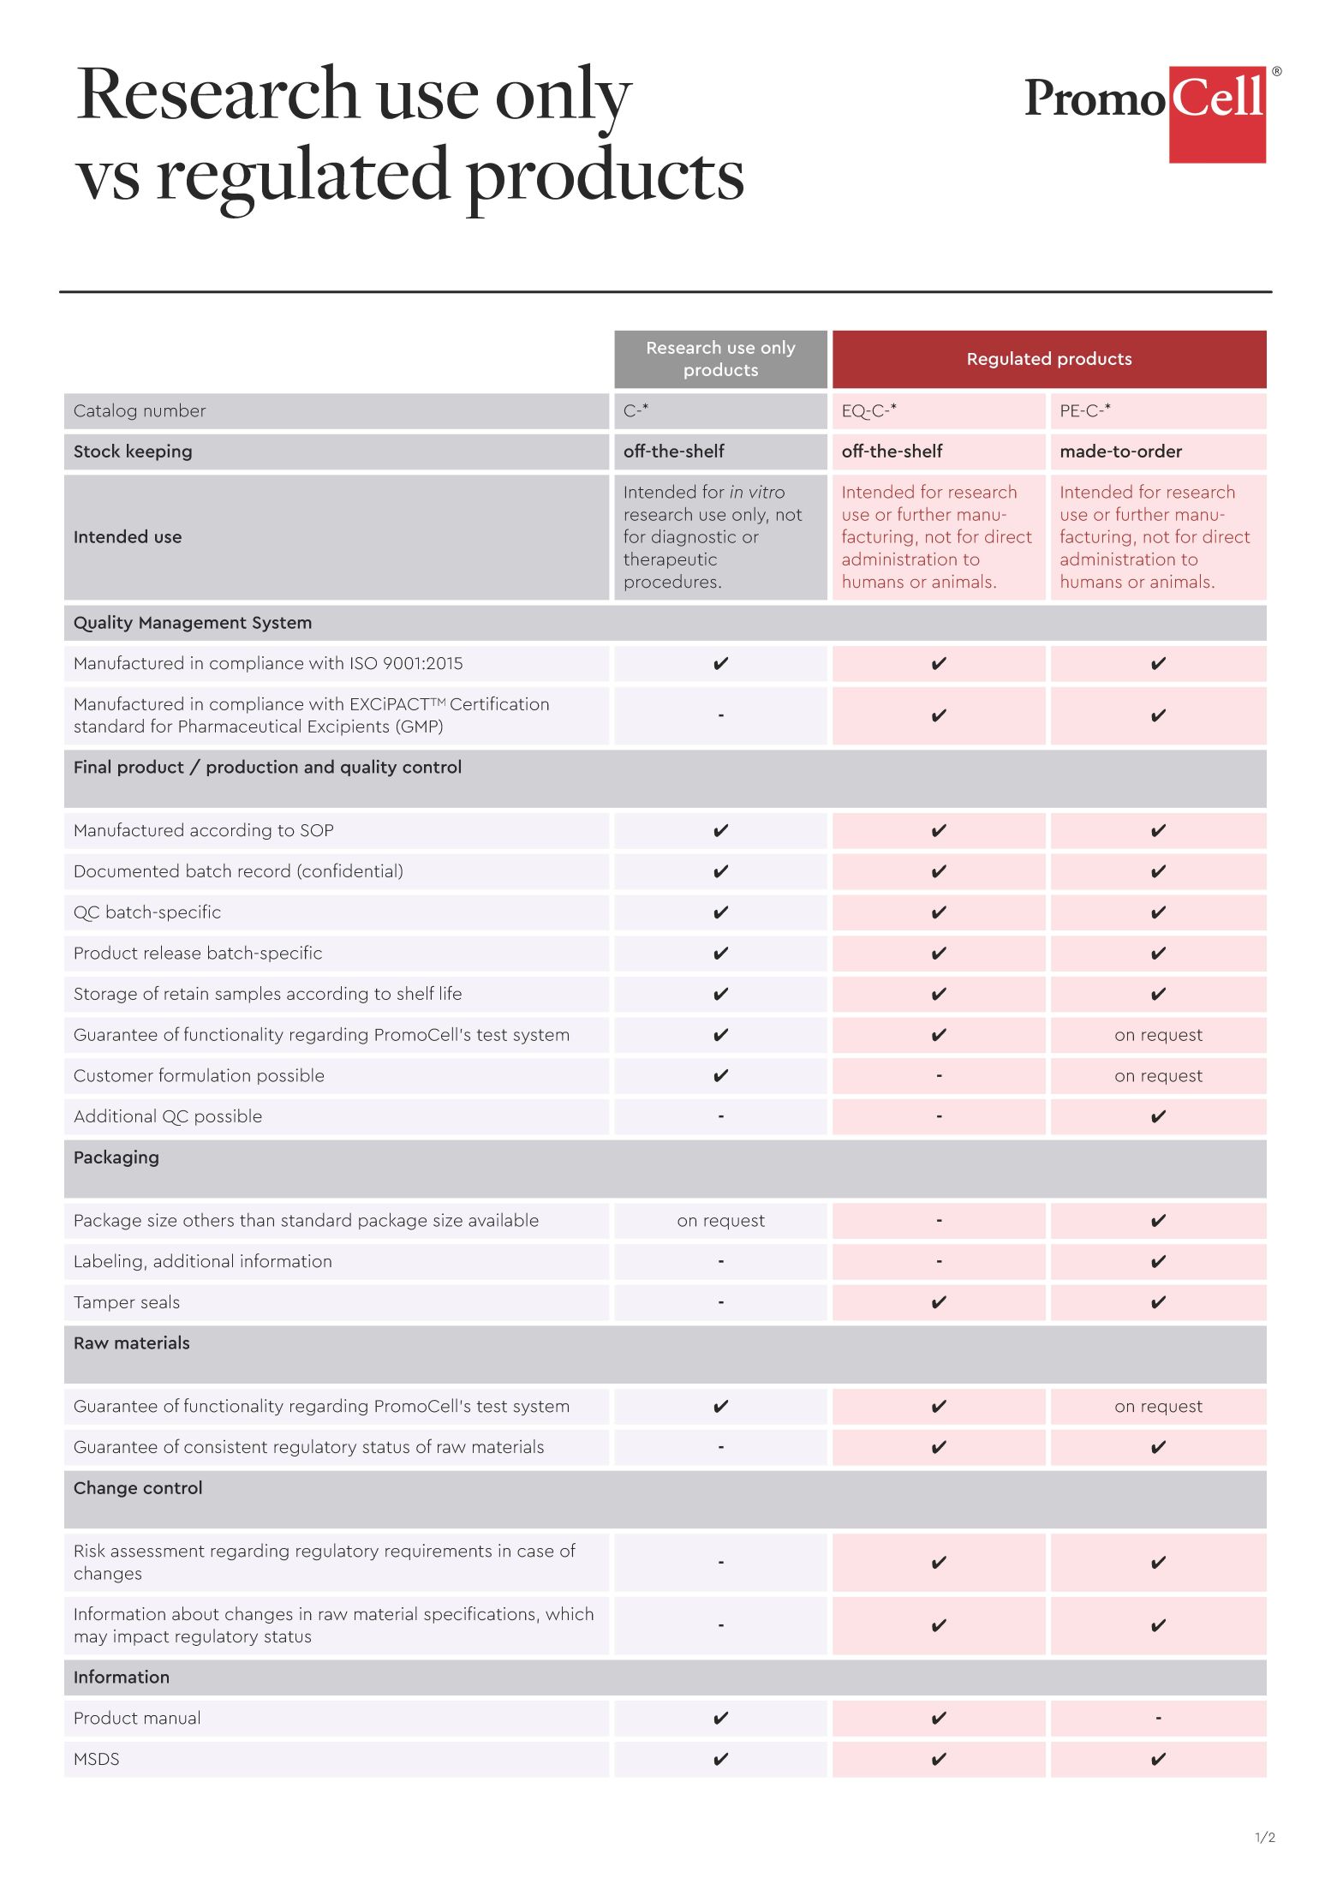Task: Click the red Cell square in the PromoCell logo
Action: tap(1217, 114)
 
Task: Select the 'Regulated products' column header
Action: tap(1048, 359)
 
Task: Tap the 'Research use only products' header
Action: tap(720, 359)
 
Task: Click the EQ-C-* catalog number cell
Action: tap(869, 410)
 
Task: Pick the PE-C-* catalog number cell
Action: tap(1085, 410)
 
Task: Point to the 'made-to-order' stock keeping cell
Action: tap(1120, 452)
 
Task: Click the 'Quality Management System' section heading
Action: tap(193, 623)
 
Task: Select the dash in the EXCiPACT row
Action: tap(720, 715)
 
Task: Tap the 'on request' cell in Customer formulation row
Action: tap(1158, 1076)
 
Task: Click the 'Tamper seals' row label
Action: tap(127, 1302)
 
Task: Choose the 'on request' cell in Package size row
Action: tap(720, 1221)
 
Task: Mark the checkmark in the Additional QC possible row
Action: tap(1158, 1116)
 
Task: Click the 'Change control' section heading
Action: tap(138, 1488)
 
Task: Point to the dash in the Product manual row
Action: tap(1158, 1719)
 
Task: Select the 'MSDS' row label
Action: tap(97, 1759)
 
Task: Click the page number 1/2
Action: tap(1264, 1837)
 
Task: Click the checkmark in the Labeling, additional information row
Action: tap(1158, 1261)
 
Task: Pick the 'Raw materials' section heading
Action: tap(132, 1343)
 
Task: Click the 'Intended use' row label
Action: tap(128, 537)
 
